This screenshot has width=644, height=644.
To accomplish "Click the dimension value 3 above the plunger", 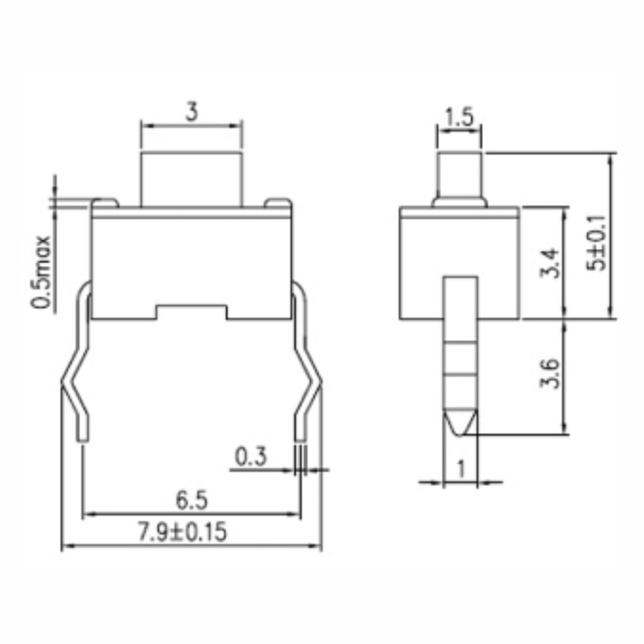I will [191, 112].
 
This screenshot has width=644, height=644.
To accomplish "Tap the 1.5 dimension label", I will [459, 118].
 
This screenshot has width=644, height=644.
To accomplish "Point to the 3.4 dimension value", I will [549, 263].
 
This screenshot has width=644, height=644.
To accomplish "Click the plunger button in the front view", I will [191, 178].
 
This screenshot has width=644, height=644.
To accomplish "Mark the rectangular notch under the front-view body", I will [191, 312].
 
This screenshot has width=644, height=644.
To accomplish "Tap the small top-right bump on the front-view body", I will [279, 204].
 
